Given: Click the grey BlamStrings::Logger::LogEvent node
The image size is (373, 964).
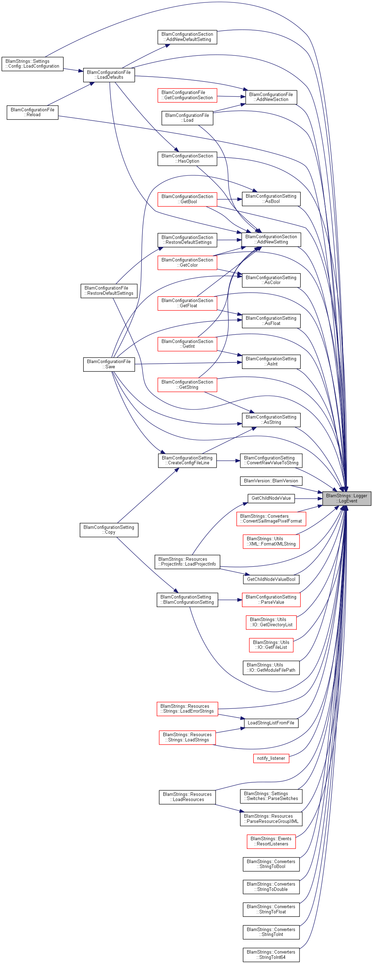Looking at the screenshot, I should coord(347,498).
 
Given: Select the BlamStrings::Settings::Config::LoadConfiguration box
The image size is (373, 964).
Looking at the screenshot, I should coord(33,63).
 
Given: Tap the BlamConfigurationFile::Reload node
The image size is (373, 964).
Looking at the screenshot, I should coord(33,112).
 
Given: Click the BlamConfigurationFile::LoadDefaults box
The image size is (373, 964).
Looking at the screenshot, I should coord(109,75).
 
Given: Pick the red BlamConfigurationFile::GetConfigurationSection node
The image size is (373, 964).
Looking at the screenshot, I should coord(187,95).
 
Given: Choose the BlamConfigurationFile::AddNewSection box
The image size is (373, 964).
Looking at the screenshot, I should coord(271,97).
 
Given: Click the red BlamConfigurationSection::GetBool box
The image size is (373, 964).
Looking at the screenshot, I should coord(187,199).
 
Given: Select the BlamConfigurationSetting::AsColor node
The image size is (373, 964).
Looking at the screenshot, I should coord(271,280).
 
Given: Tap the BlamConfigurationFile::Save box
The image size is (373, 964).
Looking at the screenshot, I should coord(109,364).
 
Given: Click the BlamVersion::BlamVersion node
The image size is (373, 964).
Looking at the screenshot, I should coord(271,481).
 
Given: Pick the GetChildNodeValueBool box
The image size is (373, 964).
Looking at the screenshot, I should coord(271,579).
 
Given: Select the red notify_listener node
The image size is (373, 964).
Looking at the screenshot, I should coord(271,758).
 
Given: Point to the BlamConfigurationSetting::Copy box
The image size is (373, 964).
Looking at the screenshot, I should coord(109,530).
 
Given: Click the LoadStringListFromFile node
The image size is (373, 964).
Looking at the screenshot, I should coord(271,723).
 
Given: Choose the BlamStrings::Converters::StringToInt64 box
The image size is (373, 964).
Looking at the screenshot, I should coord(271,955).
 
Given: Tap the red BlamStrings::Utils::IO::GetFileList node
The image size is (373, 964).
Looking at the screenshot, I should coord(271,645).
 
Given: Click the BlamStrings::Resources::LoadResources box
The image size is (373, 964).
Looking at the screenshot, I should coord(187,797).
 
